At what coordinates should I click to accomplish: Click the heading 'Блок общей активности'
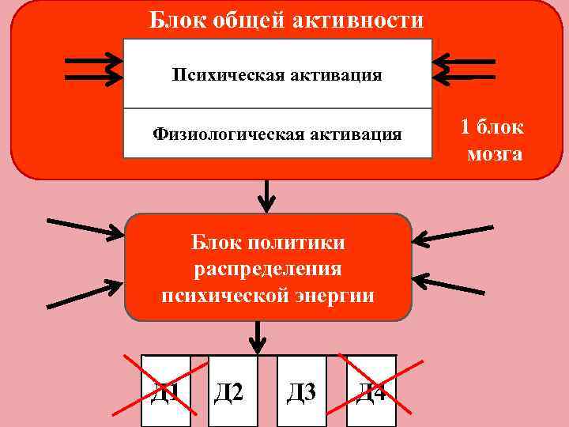[x=287, y=20]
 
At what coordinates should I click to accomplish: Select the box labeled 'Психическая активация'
[x=277, y=75]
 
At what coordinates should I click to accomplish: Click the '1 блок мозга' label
[x=492, y=140]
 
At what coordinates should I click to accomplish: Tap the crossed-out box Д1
[x=166, y=391]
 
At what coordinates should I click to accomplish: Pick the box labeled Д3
[x=301, y=391]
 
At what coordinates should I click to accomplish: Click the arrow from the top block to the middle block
[x=268, y=195]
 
